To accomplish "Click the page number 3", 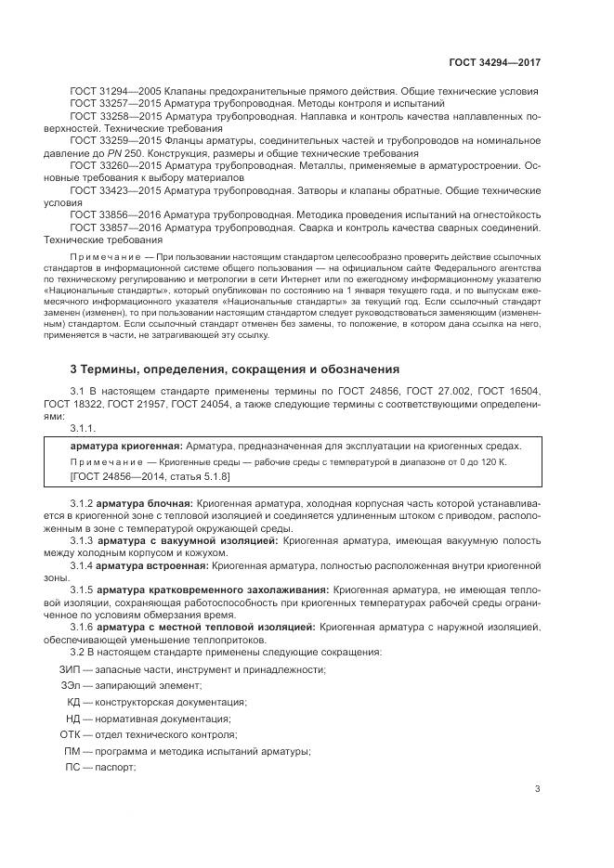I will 537,789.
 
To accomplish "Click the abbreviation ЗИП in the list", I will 69,669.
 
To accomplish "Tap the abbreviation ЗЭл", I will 71,686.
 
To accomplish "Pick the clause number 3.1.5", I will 83,589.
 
